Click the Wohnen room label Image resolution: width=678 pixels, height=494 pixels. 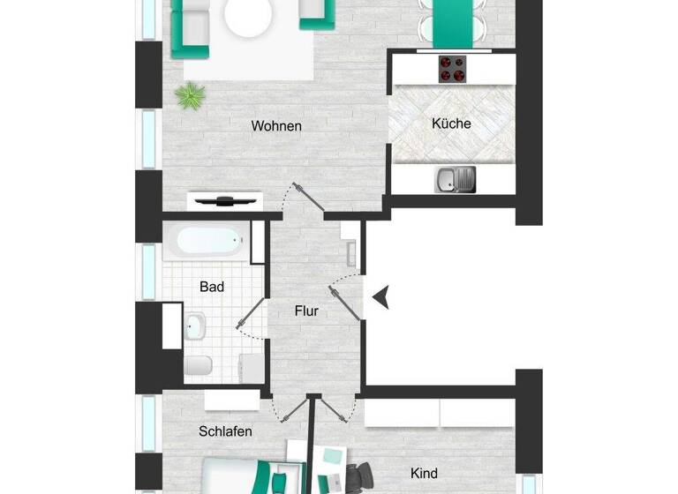pos(276,126)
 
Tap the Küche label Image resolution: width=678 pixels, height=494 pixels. pos(451,123)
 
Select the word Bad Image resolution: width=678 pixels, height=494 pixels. pos(212,287)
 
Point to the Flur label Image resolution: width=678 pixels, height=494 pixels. pos(306,311)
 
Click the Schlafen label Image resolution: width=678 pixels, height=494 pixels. pos(225,431)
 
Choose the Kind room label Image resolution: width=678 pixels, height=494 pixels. pos(425,474)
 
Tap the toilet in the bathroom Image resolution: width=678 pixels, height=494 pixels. pos(199,364)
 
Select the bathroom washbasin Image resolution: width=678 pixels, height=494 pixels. pos(195,326)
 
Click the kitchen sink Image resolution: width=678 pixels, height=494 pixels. pos(455,179)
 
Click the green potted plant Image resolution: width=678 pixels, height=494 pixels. pos(188,94)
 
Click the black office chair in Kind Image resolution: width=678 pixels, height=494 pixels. pos(357,477)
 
